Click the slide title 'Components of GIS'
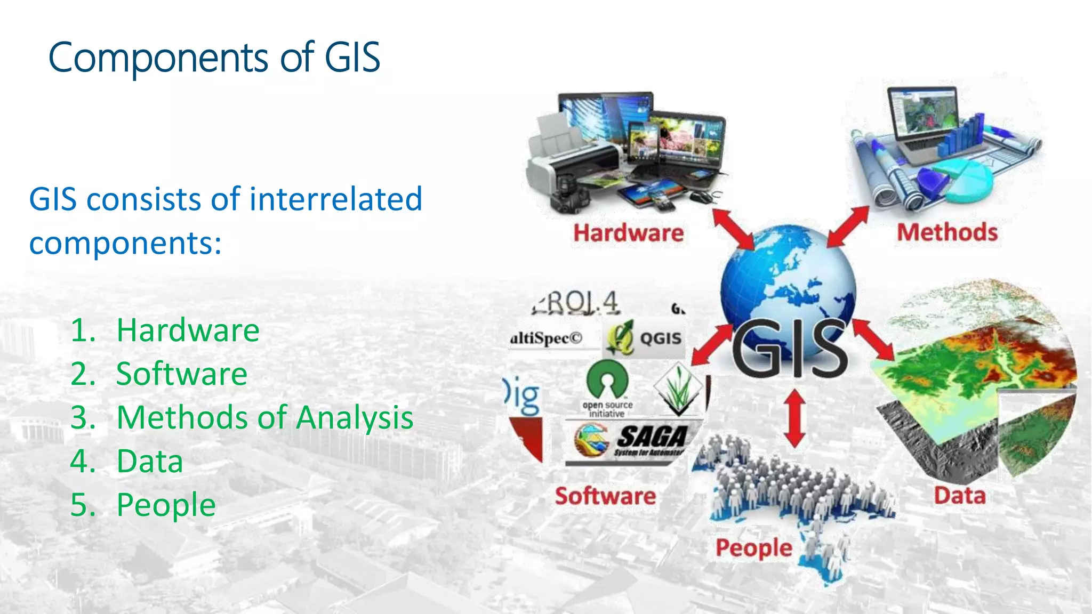214,58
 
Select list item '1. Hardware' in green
165,330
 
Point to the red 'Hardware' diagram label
628,233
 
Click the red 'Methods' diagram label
947,232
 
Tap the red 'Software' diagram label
605,496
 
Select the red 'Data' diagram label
960,496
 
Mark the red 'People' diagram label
753,548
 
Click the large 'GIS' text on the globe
790,348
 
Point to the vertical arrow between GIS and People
795,418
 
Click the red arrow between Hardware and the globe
733,228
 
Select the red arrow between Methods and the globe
848,227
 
